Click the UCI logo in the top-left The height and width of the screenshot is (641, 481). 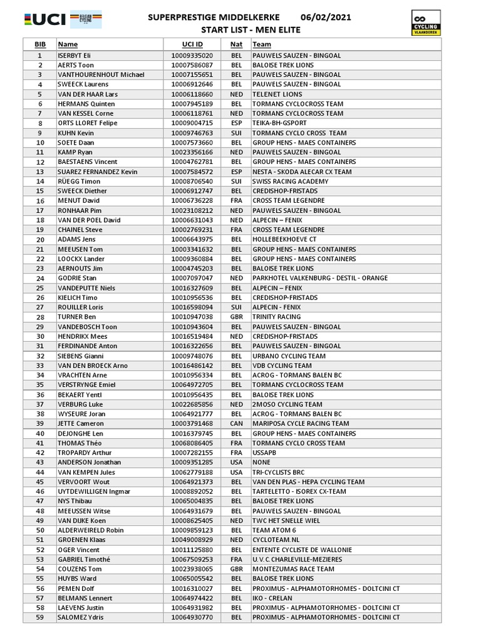44,19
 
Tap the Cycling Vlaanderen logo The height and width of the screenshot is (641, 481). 425,23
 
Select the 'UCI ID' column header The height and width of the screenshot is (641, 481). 192,44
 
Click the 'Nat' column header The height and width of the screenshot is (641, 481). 236,44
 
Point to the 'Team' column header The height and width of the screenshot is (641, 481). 262,44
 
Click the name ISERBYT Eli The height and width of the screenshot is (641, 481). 75,55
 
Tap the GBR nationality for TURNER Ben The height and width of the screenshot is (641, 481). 236,317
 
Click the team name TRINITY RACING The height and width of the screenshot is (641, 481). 276,317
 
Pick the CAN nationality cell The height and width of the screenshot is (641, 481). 236,424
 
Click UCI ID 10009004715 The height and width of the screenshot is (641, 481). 192,123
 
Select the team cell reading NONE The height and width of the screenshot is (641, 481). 262,463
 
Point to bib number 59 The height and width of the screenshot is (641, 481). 40,617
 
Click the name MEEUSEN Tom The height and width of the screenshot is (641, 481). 80,249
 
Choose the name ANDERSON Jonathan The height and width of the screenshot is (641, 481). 89,463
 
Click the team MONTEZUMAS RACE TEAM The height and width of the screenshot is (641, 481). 293,569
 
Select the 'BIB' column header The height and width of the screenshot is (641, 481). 40,44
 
